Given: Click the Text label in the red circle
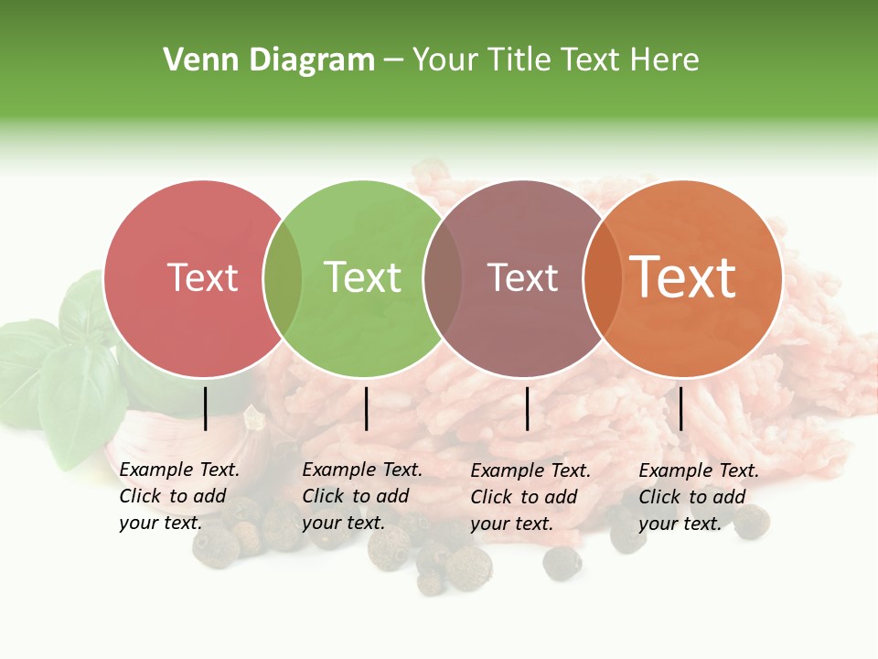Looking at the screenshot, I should [x=202, y=277].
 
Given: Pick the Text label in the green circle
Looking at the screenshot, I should [x=362, y=277].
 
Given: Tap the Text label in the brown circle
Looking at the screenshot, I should [x=522, y=277].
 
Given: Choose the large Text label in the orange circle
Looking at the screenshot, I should [x=682, y=277].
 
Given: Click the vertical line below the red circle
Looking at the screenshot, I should [x=206, y=408].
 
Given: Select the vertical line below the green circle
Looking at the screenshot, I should [x=366, y=408].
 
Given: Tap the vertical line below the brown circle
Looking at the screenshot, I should [x=528, y=408].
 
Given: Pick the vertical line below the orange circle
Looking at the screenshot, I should [x=680, y=408].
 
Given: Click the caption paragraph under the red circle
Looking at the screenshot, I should [x=179, y=496].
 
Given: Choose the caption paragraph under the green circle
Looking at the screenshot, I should [x=362, y=496].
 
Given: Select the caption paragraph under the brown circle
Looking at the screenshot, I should [x=530, y=497].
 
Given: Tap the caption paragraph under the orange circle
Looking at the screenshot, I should [x=699, y=497].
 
